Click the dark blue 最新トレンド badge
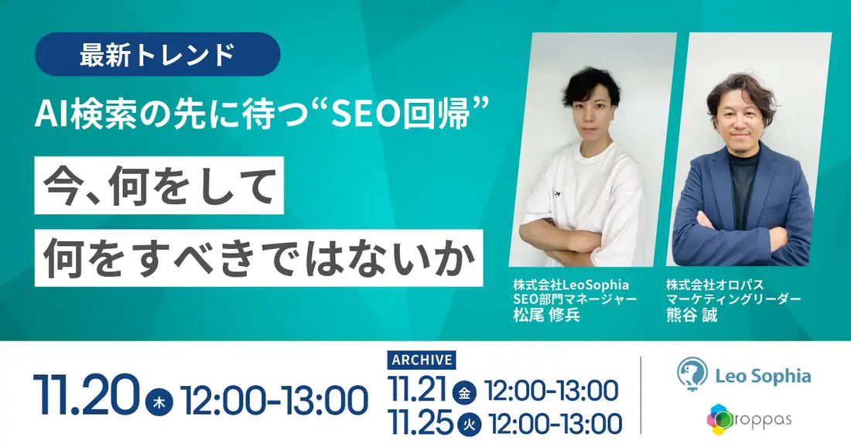click(x=157, y=54)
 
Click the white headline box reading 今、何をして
click(x=159, y=186)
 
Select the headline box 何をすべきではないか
click(x=258, y=258)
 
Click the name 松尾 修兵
click(x=545, y=316)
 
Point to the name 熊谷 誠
click(x=691, y=316)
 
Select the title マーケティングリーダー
click(x=733, y=299)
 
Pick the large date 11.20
click(x=86, y=395)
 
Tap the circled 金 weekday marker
click(x=464, y=391)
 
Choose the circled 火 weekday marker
click(x=467, y=423)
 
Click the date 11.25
click(x=421, y=422)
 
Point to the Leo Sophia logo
click(x=743, y=376)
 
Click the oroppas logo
click(x=748, y=420)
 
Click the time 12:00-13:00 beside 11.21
click(x=551, y=391)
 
